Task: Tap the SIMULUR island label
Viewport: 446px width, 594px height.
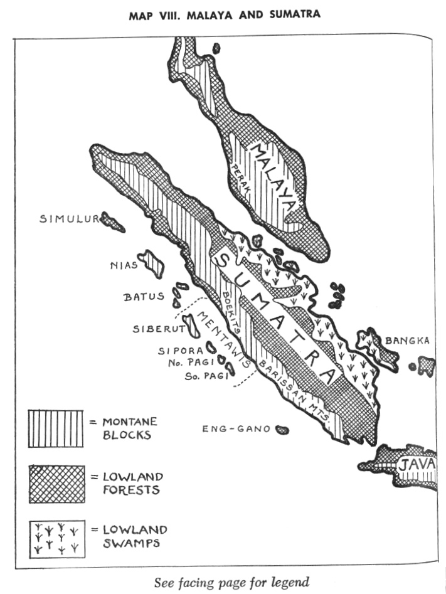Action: [x=69, y=219]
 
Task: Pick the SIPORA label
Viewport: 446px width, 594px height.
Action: [x=179, y=351]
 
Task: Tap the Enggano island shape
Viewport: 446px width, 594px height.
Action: [x=282, y=430]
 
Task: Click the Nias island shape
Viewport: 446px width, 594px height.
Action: [x=152, y=262]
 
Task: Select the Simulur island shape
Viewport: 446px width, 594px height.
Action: [x=113, y=221]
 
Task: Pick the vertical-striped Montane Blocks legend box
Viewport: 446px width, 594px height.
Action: [x=56, y=429]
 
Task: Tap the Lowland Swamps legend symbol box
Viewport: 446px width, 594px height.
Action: [x=56, y=539]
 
